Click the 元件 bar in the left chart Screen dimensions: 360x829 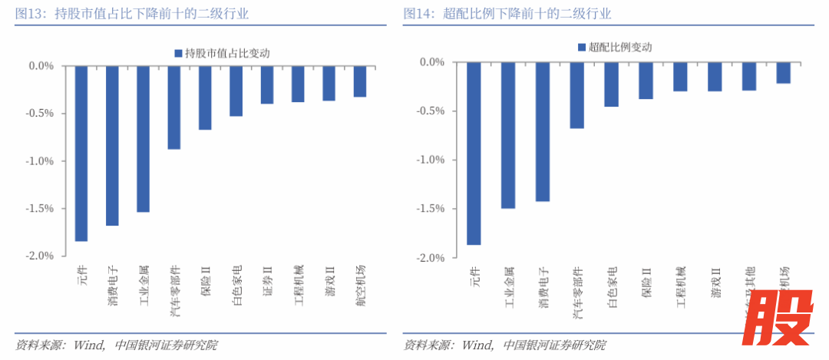point(81,154)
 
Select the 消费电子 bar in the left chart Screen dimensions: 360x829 point(112,146)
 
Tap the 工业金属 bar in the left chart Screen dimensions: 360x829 point(144,139)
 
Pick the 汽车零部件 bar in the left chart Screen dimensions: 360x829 point(174,107)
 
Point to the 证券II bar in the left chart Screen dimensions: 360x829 point(267,85)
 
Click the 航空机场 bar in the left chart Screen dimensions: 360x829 point(360,81)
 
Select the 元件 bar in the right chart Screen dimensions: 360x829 point(474,154)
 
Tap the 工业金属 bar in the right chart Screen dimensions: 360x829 point(508,135)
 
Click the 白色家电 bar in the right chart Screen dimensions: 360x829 point(612,84)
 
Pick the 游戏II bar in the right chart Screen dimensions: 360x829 point(715,77)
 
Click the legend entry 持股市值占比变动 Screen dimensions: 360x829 point(223,53)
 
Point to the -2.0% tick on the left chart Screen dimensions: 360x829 point(40,256)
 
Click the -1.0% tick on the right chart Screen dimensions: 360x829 point(431,160)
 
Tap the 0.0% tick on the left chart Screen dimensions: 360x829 point(41,66)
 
